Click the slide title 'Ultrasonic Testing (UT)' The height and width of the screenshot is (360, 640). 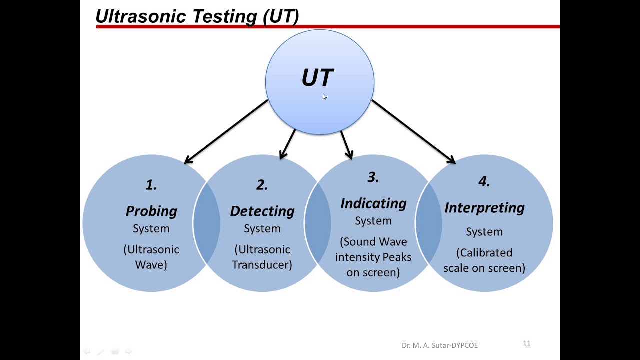[197, 16]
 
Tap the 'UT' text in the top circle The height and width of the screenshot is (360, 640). [317, 78]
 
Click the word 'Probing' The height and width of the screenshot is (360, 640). [151, 211]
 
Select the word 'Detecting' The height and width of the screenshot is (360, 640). [262, 211]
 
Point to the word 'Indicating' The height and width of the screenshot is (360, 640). [373, 203]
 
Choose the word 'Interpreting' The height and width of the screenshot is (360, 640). [484, 207]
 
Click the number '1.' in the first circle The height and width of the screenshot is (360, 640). [151, 185]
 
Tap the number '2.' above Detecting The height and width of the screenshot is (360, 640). [262, 185]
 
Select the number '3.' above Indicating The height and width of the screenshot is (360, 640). [373, 177]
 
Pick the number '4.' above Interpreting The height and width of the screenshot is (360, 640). [484, 181]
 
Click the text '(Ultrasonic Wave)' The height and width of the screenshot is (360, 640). [151, 257]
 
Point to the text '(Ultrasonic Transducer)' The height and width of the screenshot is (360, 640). [262, 257]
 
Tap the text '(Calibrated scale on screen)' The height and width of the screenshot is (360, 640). [484, 260]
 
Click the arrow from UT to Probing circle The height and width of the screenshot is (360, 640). [226, 131]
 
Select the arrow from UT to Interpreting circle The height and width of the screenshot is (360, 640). [413, 131]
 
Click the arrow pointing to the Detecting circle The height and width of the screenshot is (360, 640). [288, 144]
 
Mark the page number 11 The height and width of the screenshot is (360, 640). [526, 343]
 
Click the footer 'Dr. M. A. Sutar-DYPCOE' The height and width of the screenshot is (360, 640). [440, 345]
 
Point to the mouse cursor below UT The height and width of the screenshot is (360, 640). [324, 97]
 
